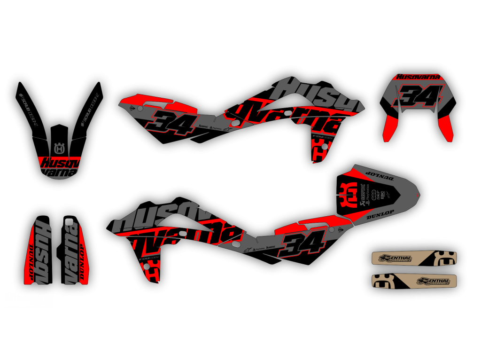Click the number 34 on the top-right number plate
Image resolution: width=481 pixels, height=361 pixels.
point(418,96)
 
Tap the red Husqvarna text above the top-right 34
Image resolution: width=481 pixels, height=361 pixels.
point(418,77)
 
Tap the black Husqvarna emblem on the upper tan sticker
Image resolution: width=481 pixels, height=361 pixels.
point(445,258)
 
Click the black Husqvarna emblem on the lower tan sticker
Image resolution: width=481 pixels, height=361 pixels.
point(383,281)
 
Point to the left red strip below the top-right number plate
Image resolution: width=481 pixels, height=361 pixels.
point(390,128)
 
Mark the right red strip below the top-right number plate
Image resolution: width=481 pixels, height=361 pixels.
point(446,128)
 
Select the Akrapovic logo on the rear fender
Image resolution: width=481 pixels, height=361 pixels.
point(362,194)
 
